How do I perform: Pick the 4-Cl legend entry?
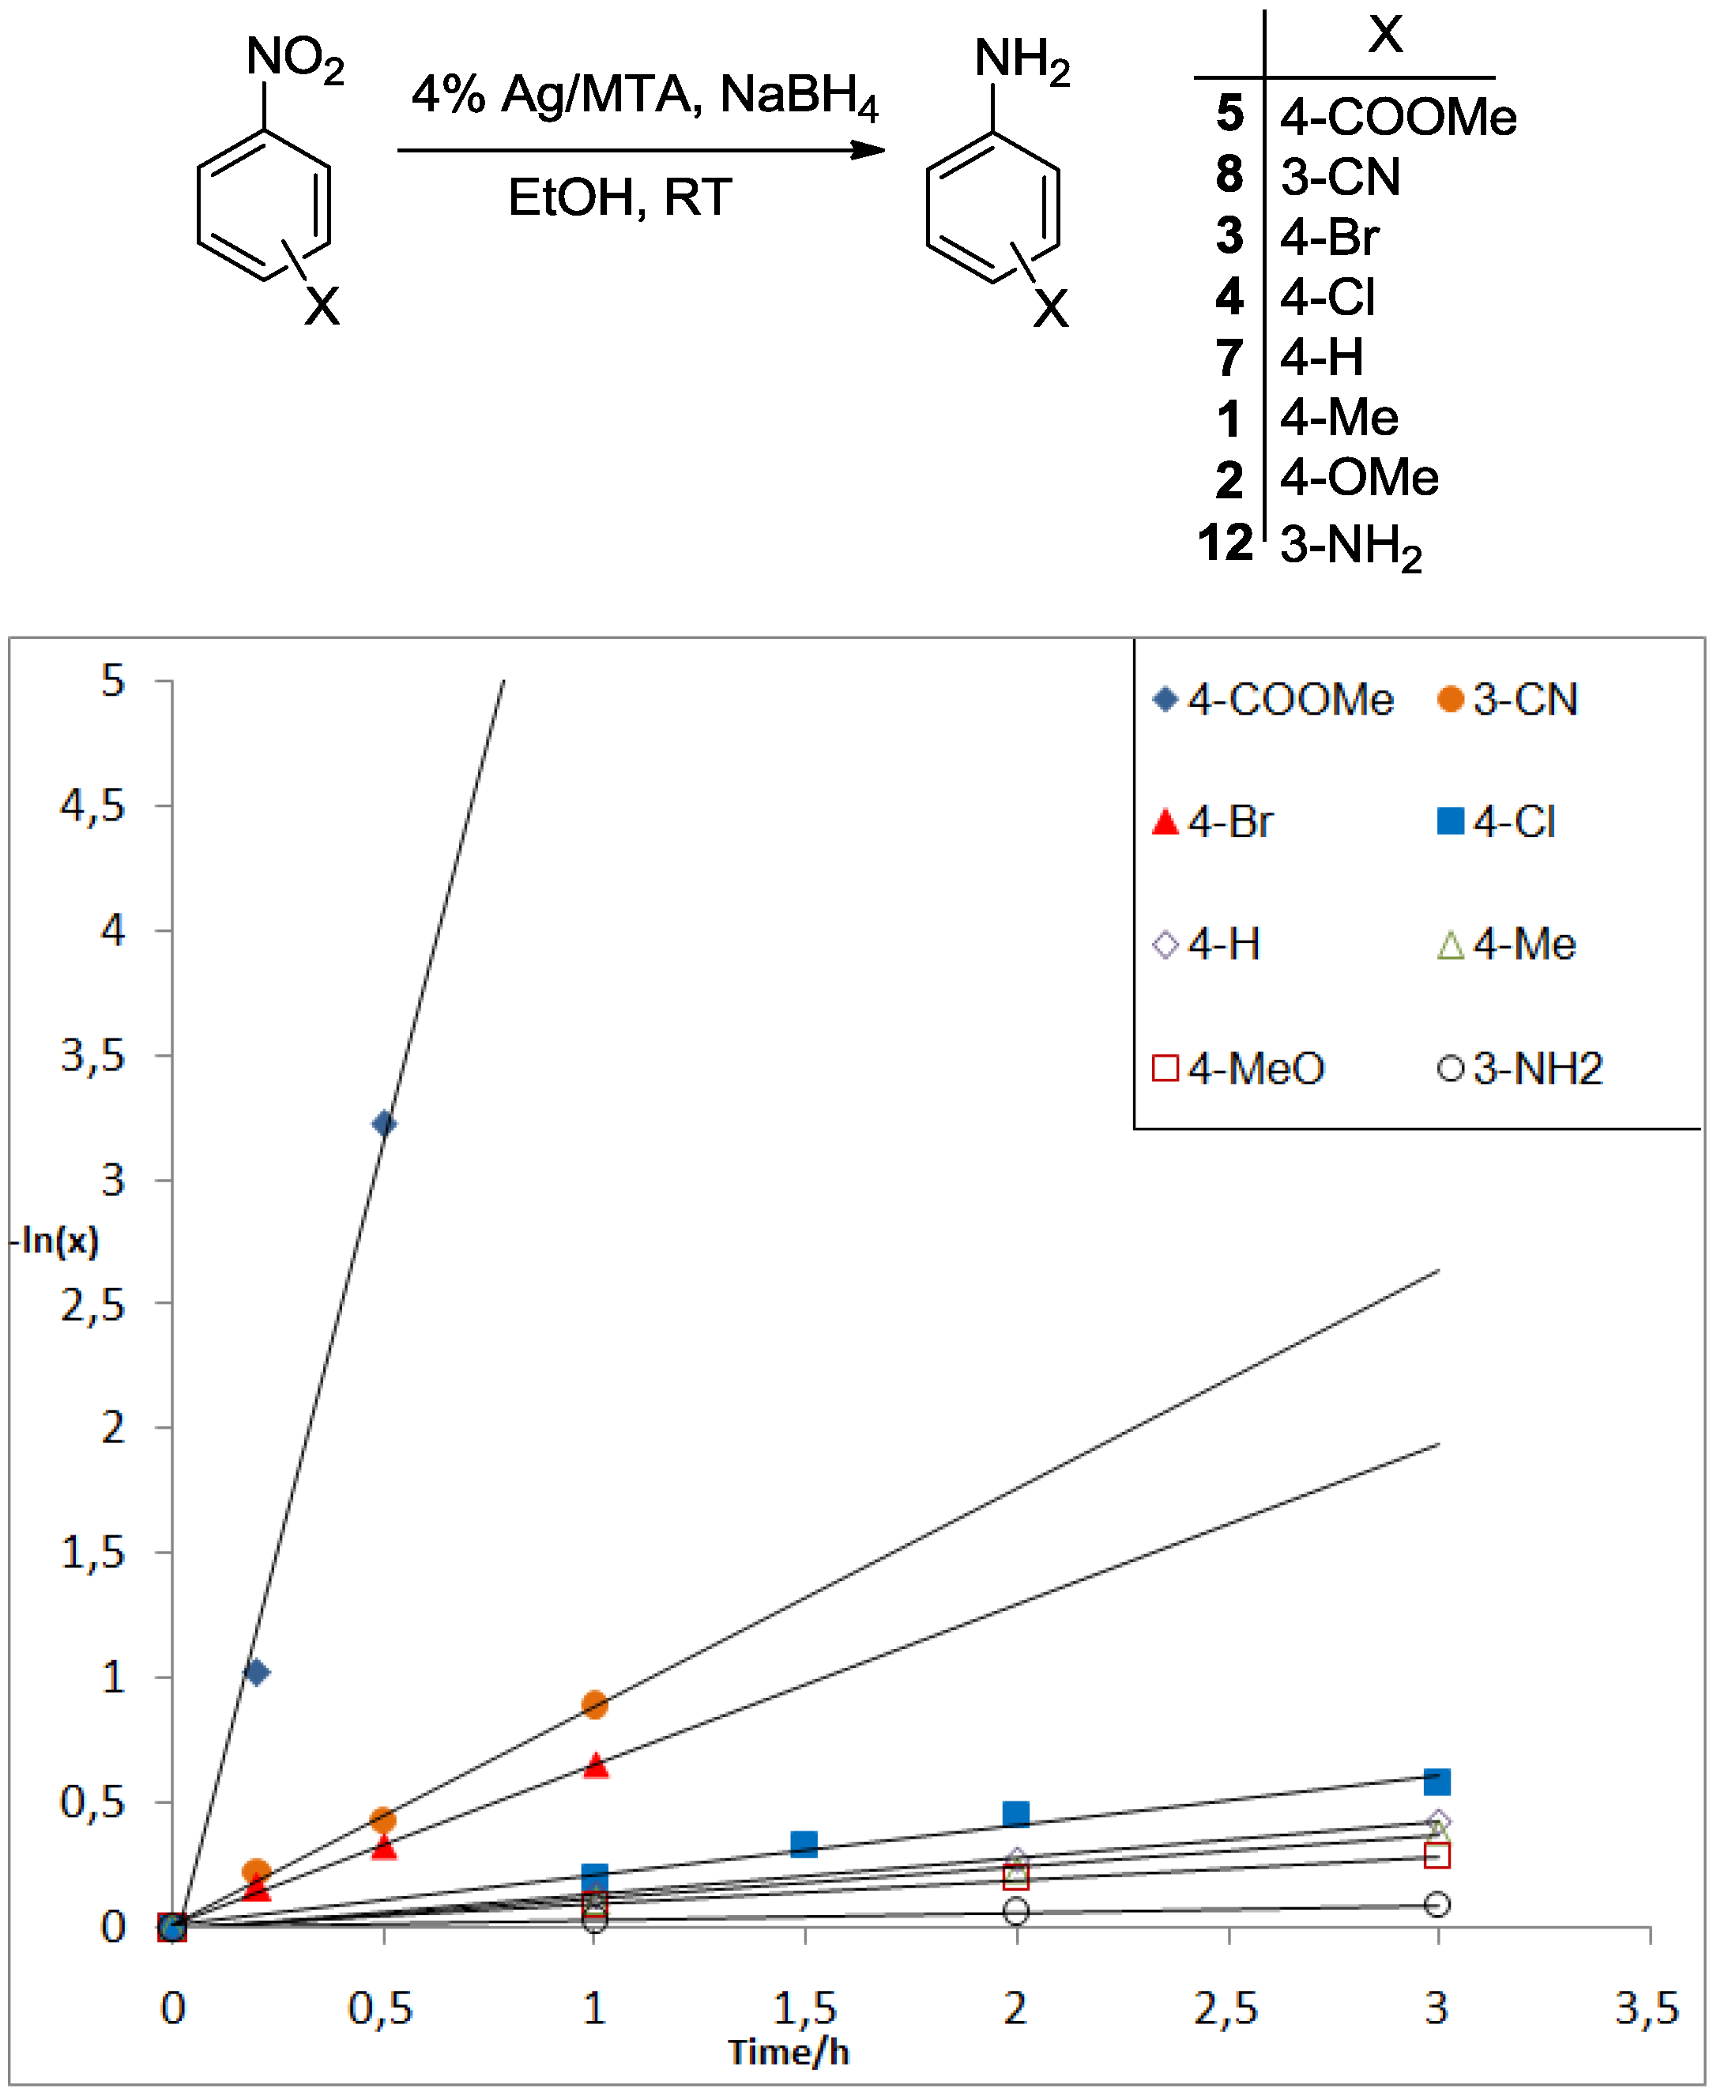pyautogui.click(x=1497, y=821)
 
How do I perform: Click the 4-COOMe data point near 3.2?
pyautogui.click(x=384, y=1124)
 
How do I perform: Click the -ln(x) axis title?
pyautogui.click(x=58, y=1240)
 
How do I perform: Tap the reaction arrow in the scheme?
pyautogui.click(x=641, y=150)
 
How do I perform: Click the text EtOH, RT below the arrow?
pyautogui.click(x=620, y=197)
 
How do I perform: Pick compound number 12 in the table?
pyautogui.click(x=1226, y=543)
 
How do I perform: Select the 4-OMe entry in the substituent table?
pyautogui.click(x=1359, y=479)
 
